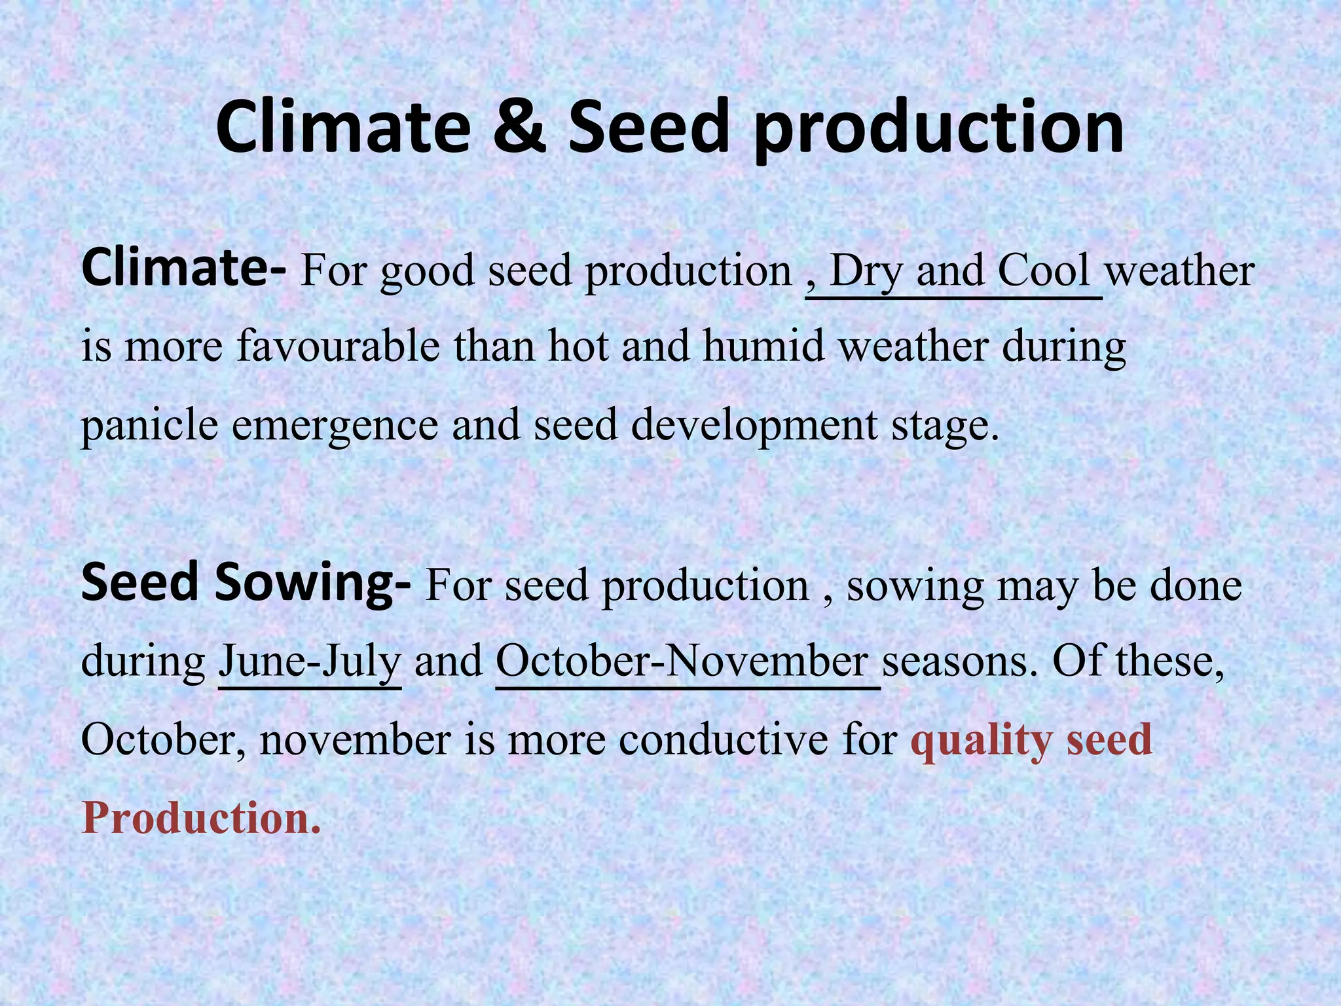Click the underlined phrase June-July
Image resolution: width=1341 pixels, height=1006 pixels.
point(309,661)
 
